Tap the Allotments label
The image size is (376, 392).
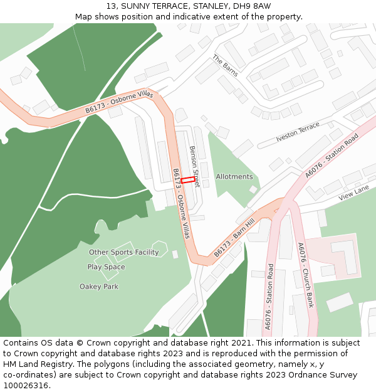(234, 177)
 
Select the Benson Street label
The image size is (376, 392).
(194, 166)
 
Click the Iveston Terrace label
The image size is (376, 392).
(298, 130)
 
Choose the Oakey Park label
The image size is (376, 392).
(99, 287)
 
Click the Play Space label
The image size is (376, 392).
(106, 267)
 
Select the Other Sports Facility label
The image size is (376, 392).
(124, 252)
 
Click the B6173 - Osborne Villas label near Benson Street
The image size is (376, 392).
(180, 203)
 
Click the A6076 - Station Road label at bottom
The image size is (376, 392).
(269, 297)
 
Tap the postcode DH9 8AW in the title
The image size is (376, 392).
(256, 6)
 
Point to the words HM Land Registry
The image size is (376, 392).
(33, 364)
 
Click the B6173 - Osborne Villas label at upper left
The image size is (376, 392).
(119, 102)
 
